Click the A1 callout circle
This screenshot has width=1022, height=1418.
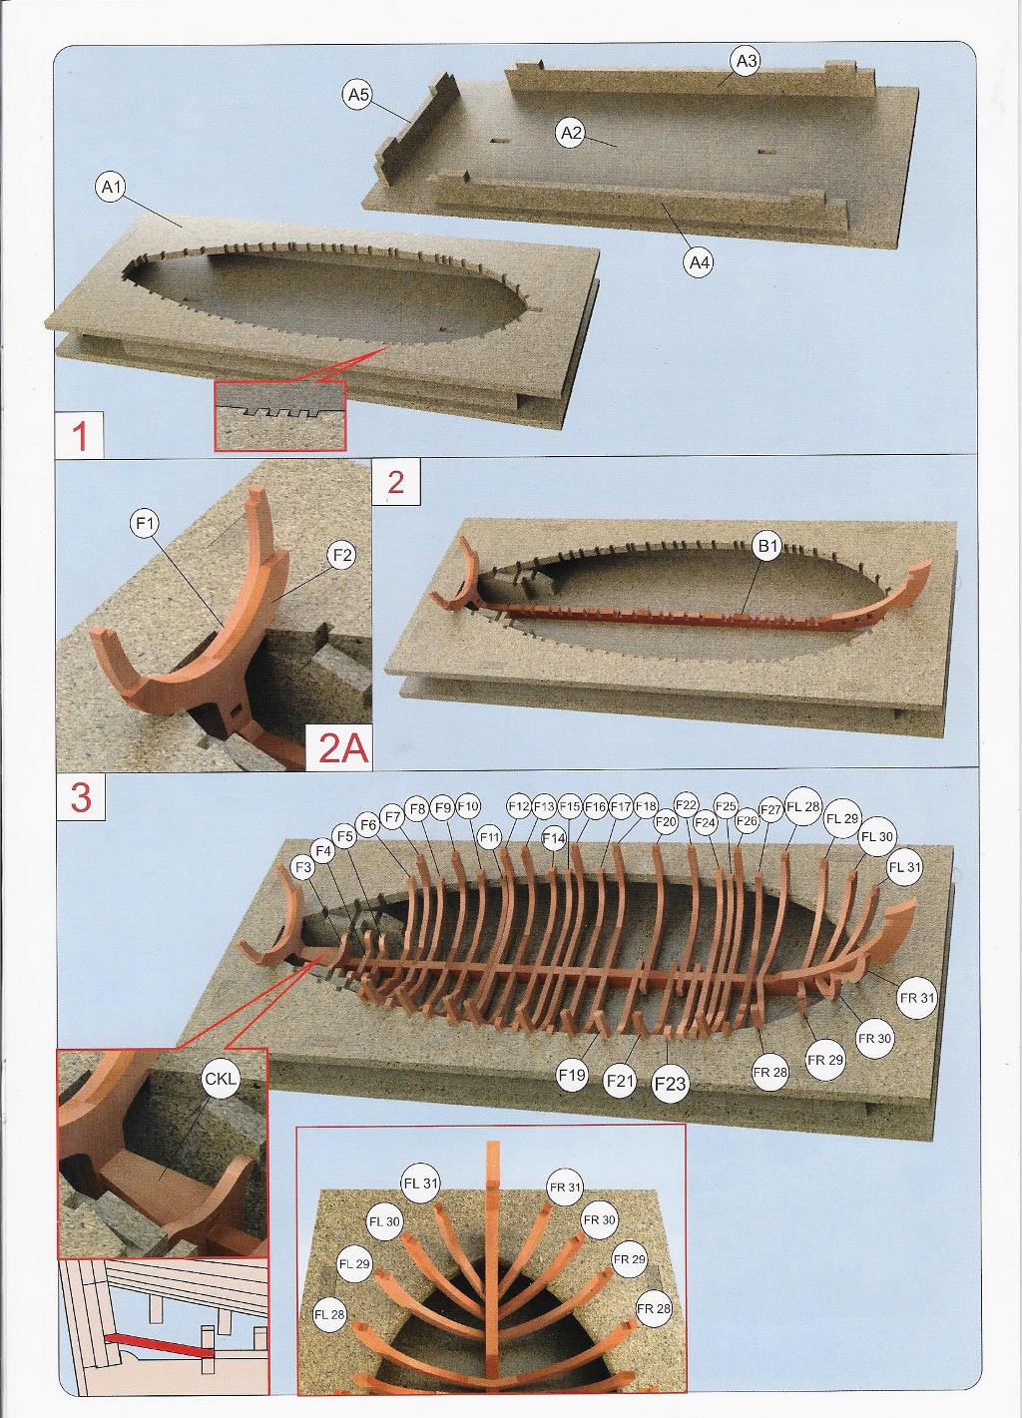(x=111, y=187)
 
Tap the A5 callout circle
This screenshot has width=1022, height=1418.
(x=357, y=95)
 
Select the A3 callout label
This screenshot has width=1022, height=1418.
(x=746, y=62)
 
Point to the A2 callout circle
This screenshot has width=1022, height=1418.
(x=570, y=133)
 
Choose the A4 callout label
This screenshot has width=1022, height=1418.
(x=698, y=262)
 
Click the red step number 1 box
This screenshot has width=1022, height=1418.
(x=81, y=436)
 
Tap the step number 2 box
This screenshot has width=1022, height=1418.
(x=395, y=483)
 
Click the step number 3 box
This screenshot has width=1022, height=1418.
(x=81, y=798)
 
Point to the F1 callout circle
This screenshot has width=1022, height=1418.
(x=147, y=523)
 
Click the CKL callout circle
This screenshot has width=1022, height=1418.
(x=219, y=1080)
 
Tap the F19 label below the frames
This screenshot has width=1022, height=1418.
(x=572, y=1076)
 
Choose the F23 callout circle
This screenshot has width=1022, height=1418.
(x=670, y=1084)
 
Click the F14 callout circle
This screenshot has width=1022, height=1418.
(x=554, y=839)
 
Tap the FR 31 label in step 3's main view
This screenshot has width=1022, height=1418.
(x=915, y=997)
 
